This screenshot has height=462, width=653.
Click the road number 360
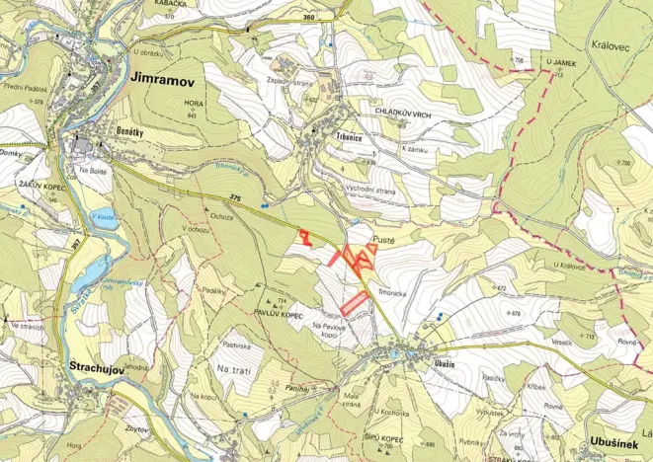pos(309,18)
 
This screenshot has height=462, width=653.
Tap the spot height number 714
pos(282,300)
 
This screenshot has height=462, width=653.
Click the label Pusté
pos(385,240)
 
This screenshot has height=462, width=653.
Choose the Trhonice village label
pos(347,139)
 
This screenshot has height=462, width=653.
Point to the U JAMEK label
pos(560,61)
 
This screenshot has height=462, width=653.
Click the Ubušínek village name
pos(617,444)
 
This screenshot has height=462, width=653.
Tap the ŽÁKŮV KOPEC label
pos(41,185)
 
